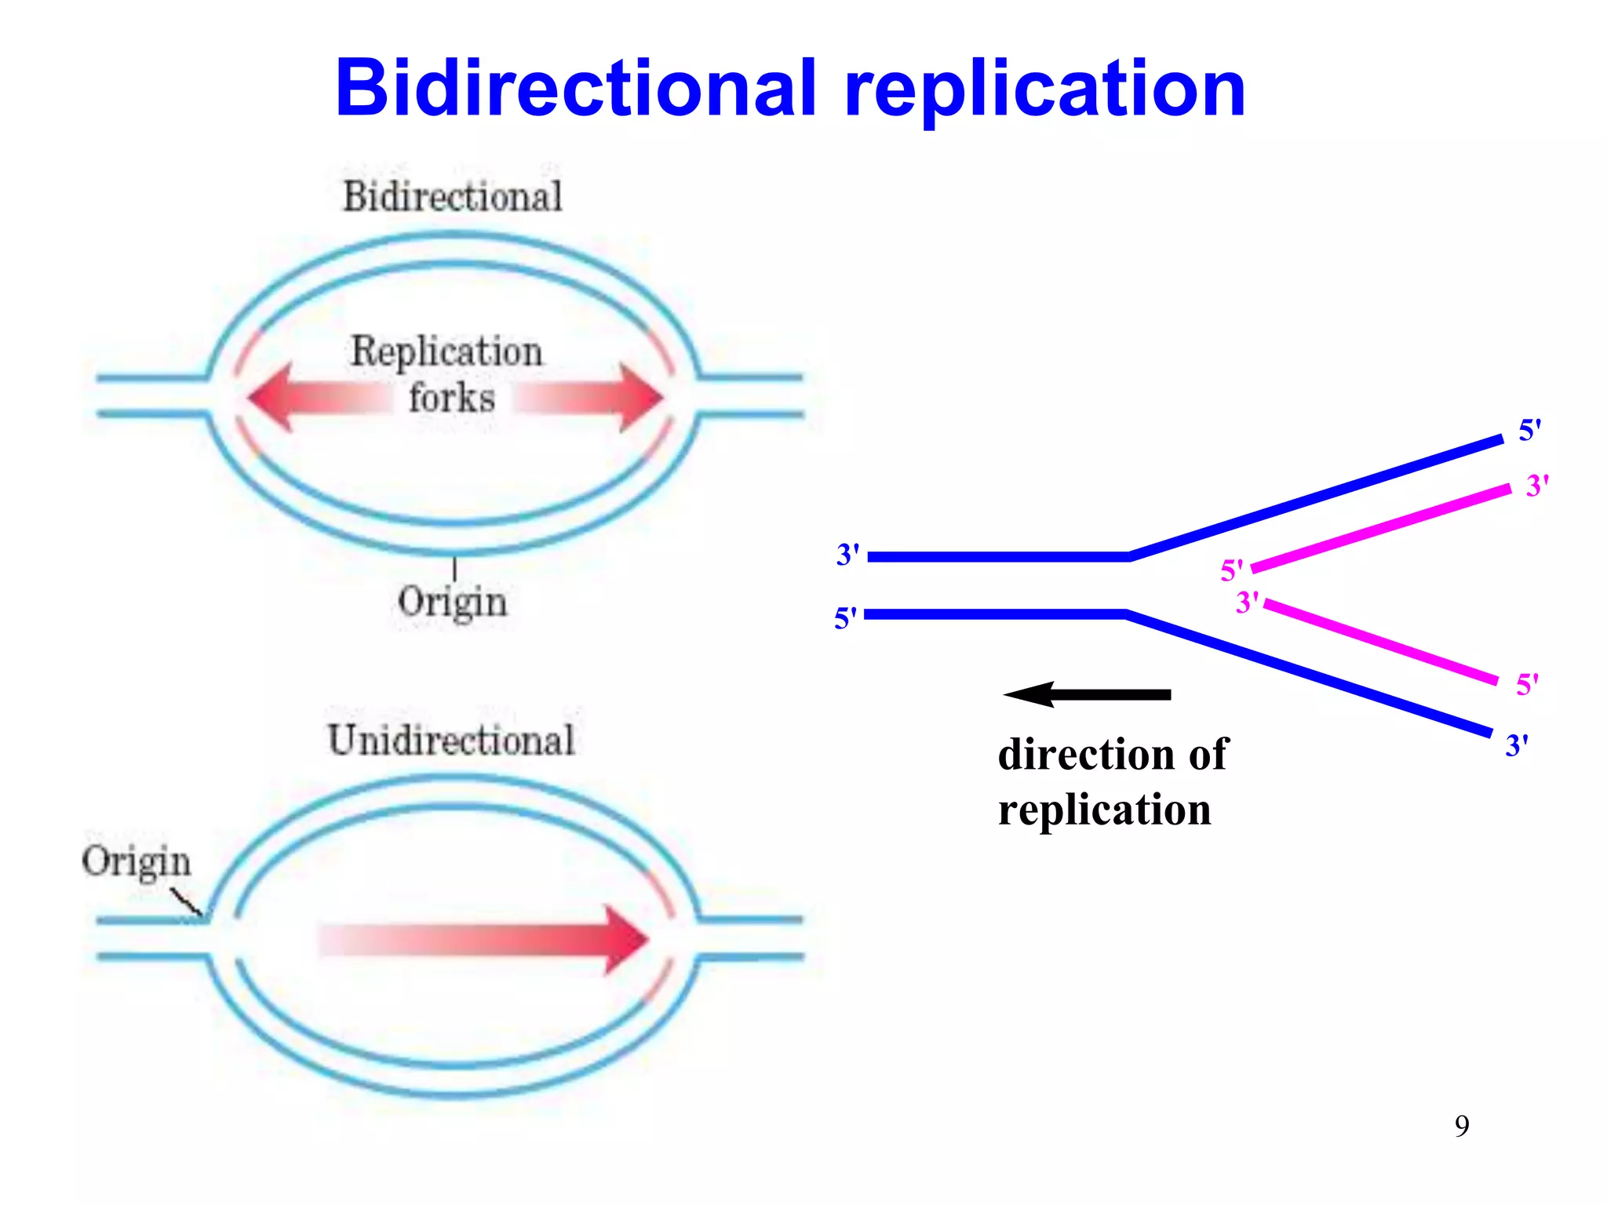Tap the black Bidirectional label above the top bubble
pyautogui.click(x=453, y=196)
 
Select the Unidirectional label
pyautogui.click(x=451, y=740)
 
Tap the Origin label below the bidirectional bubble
pyautogui.click(x=452, y=602)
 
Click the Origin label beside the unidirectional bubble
pyautogui.click(x=137, y=861)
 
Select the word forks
pyautogui.click(x=452, y=398)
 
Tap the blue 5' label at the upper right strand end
pyautogui.click(x=1529, y=430)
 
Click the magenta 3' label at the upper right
pyautogui.click(x=1537, y=486)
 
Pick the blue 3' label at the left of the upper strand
pyautogui.click(x=847, y=555)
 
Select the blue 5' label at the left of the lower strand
pyautogui.click(x=845, y=618)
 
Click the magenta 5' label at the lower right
pyautogui.click(x=1527, y=684)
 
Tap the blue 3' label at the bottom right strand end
pyautogui.click(x=1516, y=745)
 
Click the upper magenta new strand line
pyautogui.click(x=1381, y=528)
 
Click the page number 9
pyautogui.click(x=1462, y=1126)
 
